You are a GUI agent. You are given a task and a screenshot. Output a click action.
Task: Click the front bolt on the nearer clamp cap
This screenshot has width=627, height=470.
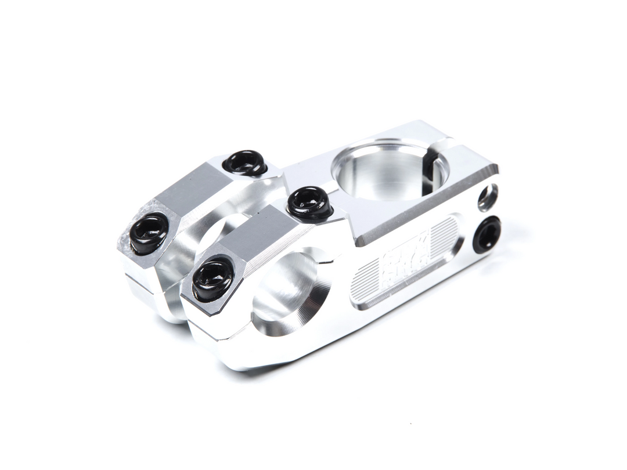point(212,279)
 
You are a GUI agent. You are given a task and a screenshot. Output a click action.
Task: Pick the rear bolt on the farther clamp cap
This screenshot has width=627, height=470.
point(245,163)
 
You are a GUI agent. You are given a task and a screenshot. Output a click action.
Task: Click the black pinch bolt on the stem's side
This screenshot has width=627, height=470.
point(487,234)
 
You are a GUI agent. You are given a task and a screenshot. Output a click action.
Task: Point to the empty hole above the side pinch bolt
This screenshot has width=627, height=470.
point(488,197)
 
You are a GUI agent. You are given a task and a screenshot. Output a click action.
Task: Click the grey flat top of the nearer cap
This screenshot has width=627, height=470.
point(261,238)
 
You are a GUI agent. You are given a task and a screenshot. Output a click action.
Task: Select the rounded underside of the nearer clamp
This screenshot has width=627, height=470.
point(255,354)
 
